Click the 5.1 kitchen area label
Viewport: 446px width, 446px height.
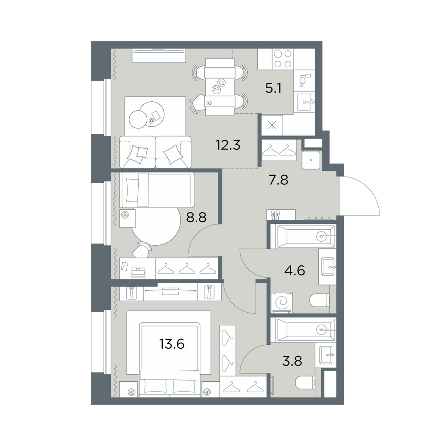point(273,88)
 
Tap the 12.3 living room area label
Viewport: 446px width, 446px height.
point(228,145)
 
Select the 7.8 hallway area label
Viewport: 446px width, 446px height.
point(278,180)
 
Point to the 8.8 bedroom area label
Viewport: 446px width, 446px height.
point(196,218)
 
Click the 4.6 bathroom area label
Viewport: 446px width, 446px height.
point(295,270)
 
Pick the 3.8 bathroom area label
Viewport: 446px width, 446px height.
point(292,361)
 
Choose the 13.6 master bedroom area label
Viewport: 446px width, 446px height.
point(172,344)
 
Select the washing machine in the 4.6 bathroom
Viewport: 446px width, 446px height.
point(282,302)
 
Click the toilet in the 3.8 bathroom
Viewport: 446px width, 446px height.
point(305,383)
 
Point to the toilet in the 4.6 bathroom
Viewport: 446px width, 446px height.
point(319,301)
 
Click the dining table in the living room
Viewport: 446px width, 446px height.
point(220,87)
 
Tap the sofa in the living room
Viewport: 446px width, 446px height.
point(155,152)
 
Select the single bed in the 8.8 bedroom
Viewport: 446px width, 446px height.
point(157,190)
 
